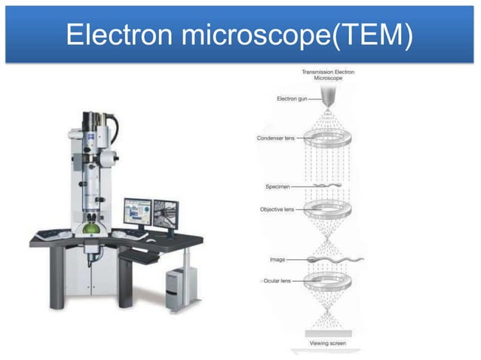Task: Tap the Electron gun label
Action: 290,99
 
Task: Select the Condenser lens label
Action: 275,139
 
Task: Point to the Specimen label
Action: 280,186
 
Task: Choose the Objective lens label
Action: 277,209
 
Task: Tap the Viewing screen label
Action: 328,343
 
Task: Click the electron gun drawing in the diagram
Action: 328,97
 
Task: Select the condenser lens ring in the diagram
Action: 328,139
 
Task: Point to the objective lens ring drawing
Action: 328,210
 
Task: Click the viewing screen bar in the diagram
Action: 328,333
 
